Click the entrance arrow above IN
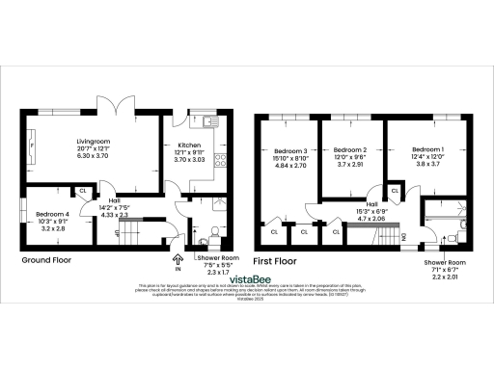(x=177, y=258)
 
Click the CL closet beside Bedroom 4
(x=84, y=191)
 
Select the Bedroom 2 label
(x=351, y=151)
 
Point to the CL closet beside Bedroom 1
(x=396, y=192)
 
